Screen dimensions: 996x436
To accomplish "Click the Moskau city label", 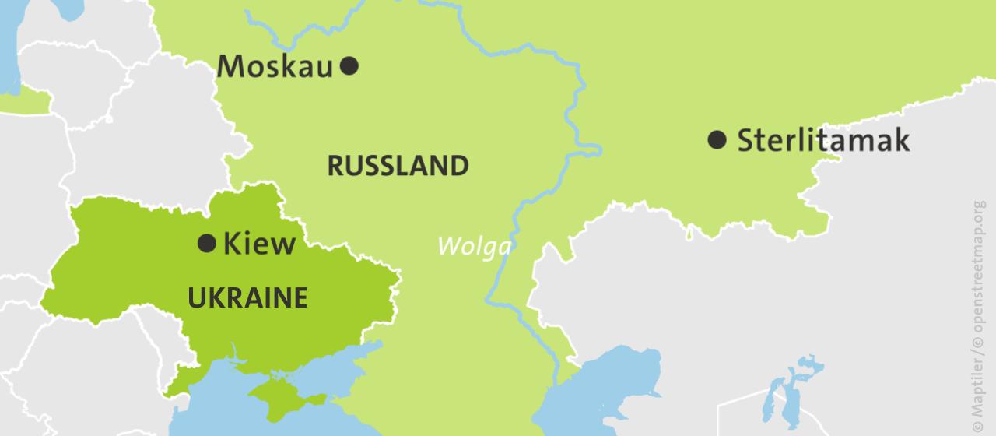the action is (275, 67).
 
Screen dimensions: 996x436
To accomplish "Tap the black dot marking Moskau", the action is (350, 65).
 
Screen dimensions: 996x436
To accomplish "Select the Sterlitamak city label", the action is (822, 141).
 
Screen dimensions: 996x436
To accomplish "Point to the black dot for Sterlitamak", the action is (717, 140).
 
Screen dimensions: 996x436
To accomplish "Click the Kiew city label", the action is (259, 244).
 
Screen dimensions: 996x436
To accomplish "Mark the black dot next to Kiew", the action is (206, 244).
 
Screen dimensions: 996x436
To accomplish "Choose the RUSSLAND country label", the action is (398, 166).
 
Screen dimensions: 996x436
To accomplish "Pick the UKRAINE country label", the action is (247, 298).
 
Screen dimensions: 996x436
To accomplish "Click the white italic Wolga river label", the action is (474, 246).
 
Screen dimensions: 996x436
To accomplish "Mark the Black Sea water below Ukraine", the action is (218, 405).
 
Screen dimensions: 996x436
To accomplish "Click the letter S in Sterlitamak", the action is (745, 141).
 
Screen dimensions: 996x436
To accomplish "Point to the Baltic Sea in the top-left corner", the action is (8, 47).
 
